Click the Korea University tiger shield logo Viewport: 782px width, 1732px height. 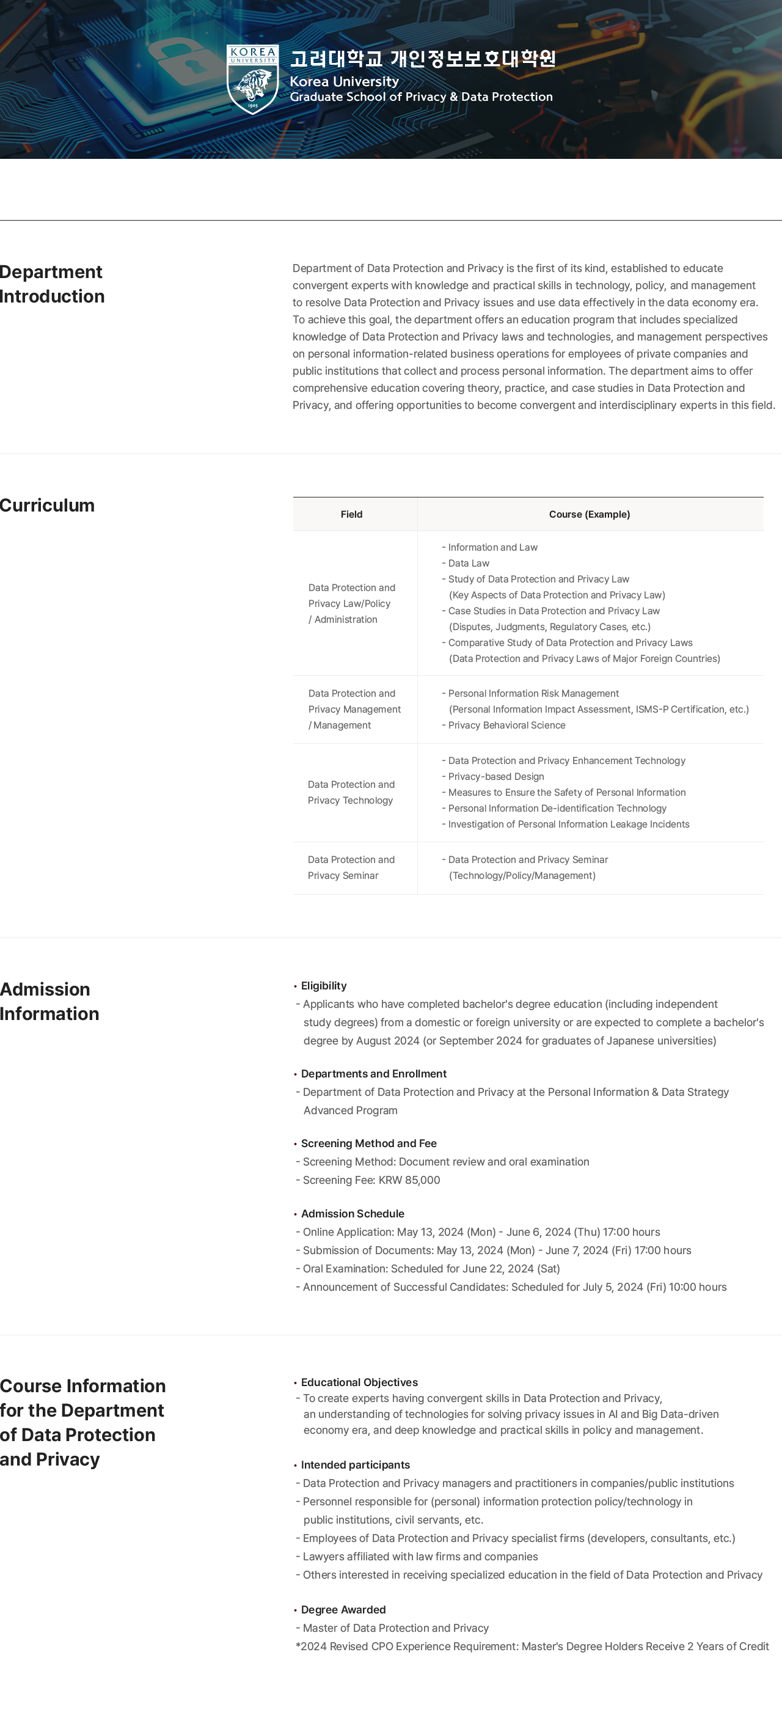tap(253, 79)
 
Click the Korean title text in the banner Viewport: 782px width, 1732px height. tap(422, 59)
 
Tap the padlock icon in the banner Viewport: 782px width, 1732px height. tap(181, 64)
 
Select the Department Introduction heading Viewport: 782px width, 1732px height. tap(53, 284)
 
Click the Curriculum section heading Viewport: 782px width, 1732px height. tap(48, 505)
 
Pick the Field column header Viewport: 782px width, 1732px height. tap(352, 515)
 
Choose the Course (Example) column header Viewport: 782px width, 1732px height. tap(589, 515)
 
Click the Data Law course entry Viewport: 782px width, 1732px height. tap(468, 563)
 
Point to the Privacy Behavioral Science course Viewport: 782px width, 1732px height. tap(506, 725)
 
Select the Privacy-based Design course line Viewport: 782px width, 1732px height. tap(495, 777)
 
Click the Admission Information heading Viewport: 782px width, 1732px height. tap(49, 1001)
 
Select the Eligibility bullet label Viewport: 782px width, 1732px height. tap(323, 986)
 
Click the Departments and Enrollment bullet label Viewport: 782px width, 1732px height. tap(373, 1074)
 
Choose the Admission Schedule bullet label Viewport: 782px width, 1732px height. tap(353, 1214)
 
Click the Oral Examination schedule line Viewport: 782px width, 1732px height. tap(430, 1269)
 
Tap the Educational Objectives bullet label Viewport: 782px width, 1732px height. tap(359, 1382)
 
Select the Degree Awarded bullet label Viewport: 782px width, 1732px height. tap(343, 1610)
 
